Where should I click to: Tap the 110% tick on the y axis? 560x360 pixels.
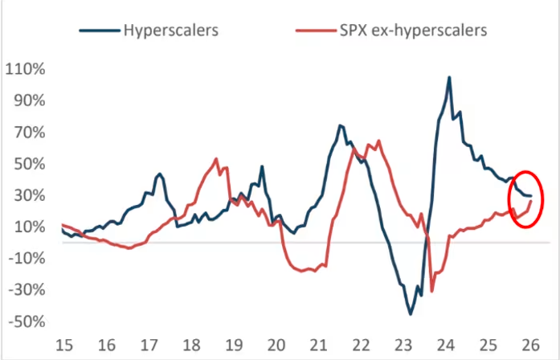pos(25,69)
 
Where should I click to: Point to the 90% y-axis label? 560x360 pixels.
pos(28,100)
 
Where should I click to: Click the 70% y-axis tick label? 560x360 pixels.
pos(28,132)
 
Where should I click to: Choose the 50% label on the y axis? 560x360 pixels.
pos(28,164)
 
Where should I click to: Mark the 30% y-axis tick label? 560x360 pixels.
pos(28,195)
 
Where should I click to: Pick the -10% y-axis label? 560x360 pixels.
pos(26,258)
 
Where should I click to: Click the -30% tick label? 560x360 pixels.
pos(26,290)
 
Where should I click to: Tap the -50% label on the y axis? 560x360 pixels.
pos(26,321)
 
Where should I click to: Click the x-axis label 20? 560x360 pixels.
pos(276,346)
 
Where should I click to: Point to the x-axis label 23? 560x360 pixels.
pos(404,346)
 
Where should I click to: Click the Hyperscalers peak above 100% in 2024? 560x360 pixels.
pos(449,78)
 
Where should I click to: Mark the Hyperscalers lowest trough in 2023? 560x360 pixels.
pos(410,313)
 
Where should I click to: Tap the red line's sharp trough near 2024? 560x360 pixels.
pos(431,291)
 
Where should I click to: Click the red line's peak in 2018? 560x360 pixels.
pos(217,159)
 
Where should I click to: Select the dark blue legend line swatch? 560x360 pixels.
pos(99,31)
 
